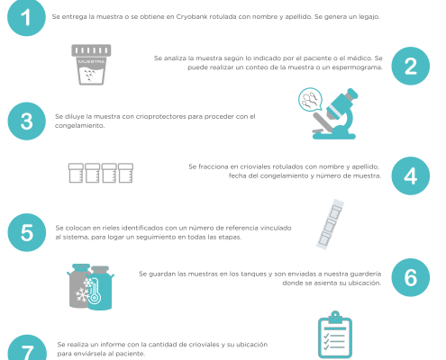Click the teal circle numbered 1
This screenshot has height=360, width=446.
26,17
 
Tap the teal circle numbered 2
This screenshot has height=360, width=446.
411,66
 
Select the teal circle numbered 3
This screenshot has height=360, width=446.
27,121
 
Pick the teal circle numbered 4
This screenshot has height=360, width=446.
411,175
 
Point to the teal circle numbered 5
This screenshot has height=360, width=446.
27,232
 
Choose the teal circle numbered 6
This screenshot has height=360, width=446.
411,277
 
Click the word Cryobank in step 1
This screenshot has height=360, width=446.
192,17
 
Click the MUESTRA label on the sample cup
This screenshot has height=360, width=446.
91,62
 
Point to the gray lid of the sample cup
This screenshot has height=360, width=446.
91,50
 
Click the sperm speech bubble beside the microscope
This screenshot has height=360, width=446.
310,99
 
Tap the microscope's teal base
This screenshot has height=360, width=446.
334,136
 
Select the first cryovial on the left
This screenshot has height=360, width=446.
76,173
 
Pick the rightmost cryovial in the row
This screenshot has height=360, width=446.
125,173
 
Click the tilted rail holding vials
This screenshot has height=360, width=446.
330,224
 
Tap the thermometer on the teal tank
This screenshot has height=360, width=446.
94,290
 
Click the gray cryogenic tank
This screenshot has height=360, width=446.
78,286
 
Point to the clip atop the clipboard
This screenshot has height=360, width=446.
335,318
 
